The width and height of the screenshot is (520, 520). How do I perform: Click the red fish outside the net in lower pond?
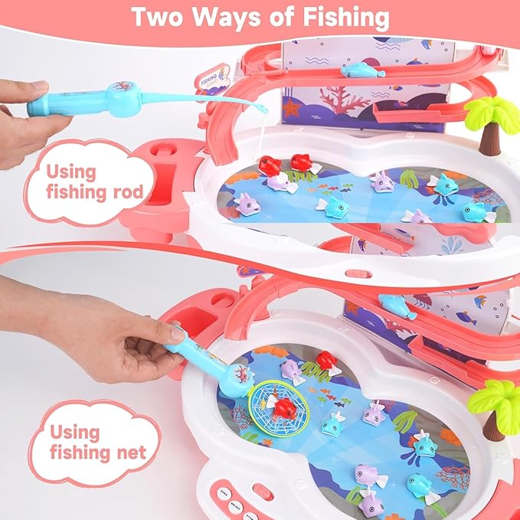pyautogui.click(x=327, y=361)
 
